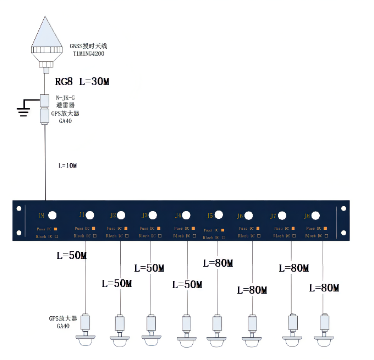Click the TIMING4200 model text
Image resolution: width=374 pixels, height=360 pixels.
click(x=89, y=53)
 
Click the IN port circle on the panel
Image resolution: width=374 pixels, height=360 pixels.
click(x=51, y=215)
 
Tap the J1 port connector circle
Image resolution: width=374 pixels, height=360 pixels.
click(x=90, y=215)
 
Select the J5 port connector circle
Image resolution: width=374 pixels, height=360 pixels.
click(x=218, y=216)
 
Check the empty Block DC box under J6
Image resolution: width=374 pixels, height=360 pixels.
click(x=257, y=236)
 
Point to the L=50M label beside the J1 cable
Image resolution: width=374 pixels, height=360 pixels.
click(x=72, y=256)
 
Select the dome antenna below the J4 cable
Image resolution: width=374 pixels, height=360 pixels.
click(x=187, y=340)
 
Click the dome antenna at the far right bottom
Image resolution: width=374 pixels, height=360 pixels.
click(x=324, y=340)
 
